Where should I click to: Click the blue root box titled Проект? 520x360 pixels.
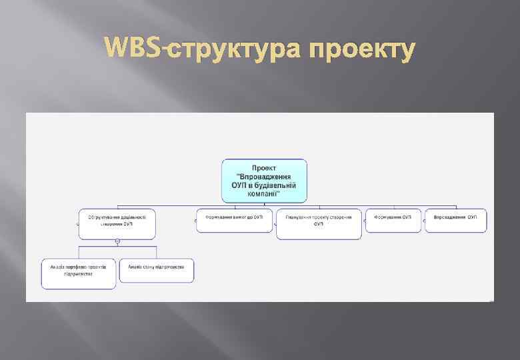(x=264, y=180)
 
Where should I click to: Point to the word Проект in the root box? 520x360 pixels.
(x=264, y=167)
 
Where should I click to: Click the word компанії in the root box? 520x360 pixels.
(x=264, y=193)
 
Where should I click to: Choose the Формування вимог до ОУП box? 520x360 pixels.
(x=234, y=220)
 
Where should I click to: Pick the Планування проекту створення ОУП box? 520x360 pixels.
(x=319, y=223)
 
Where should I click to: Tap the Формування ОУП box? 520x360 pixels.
(x=393, y=220)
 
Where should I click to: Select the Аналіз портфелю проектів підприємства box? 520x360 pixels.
(x=79, y=273)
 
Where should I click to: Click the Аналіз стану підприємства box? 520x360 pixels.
(x=157, y=270)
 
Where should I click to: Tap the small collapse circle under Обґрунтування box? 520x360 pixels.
(x=117, y=241)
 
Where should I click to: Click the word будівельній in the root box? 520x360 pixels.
(x=278, y=185)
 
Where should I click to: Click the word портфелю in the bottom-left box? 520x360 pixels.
(x=74, y=267)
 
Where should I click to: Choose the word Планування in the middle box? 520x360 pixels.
(x=299, y=217)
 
